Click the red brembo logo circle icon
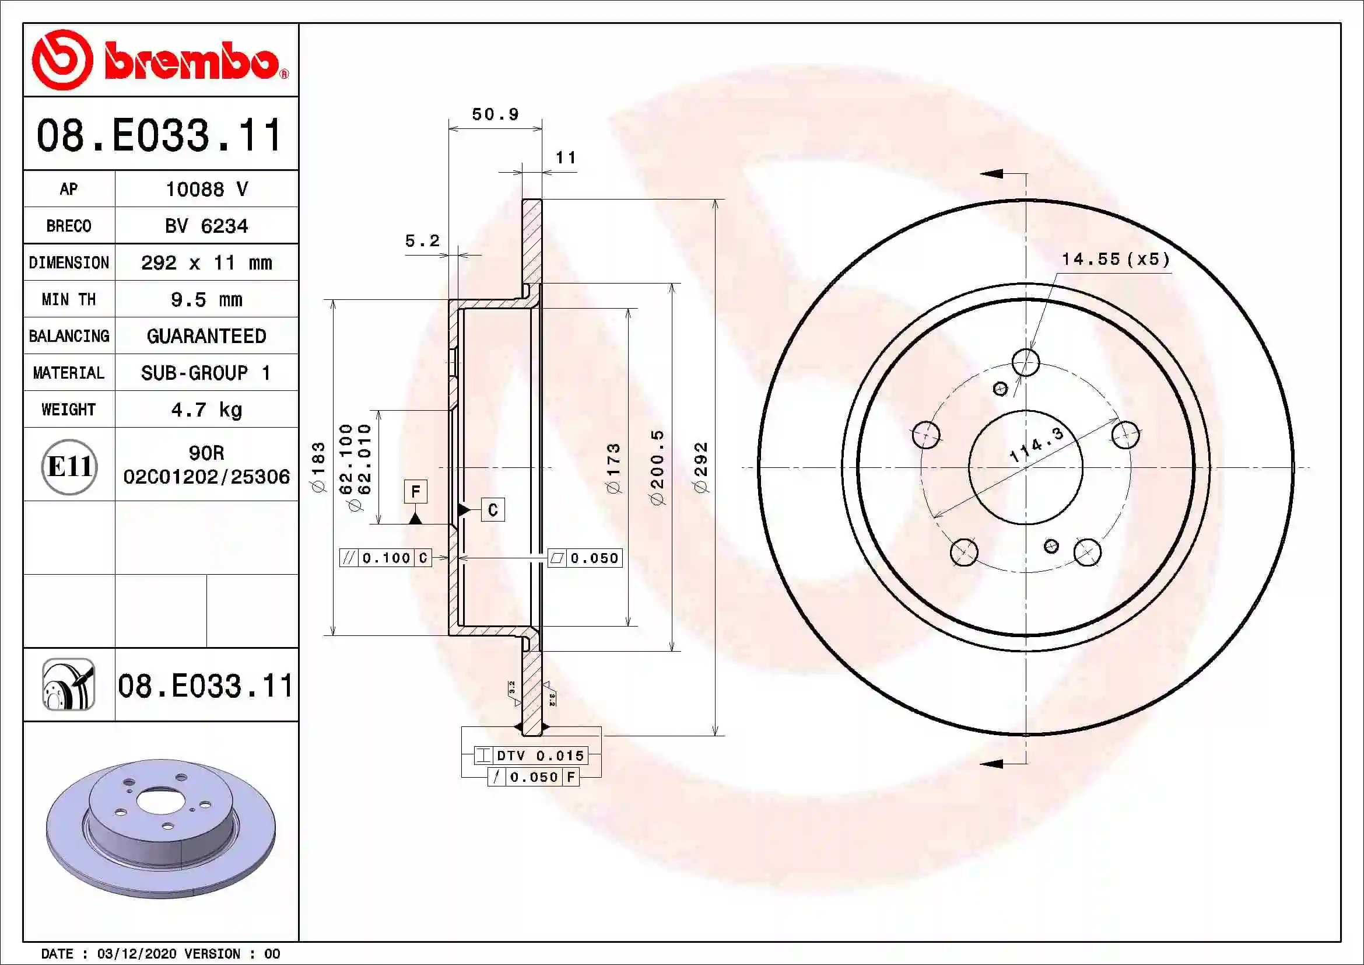coord(62,60)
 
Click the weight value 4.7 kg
coord(206,410)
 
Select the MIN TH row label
coord(69,299)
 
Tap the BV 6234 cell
coord(206,226)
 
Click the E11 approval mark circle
coord(69,467)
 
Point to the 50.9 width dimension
coord(495,114)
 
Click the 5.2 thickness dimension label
coord(422,240)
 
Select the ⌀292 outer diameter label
coord(701,467)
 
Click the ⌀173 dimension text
coord(613,468)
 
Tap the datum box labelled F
coord(415,491)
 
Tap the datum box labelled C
coord(493,510)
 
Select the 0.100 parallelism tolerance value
coord(386,558)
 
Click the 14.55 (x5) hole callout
coord(1115,260)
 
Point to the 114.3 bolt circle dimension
coord(1036,445)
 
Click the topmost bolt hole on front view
coord(1025,362)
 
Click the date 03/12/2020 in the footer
coord(136,954)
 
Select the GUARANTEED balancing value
coord(206,336)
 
